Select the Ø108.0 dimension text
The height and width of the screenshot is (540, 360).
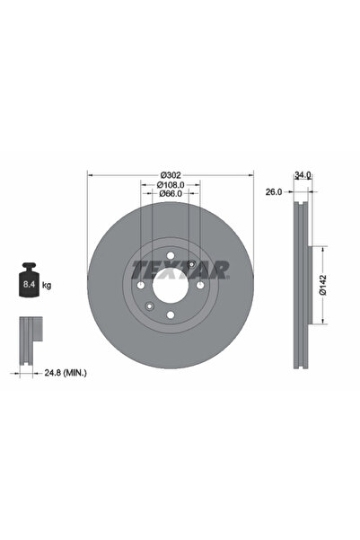click(171, 183)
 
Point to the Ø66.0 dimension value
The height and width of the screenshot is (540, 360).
click(171, 193)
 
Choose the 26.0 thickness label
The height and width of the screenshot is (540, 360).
click(275, 191)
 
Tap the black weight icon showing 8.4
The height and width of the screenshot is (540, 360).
click(28, 283)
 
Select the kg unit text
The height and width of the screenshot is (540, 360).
click(47, 285)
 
